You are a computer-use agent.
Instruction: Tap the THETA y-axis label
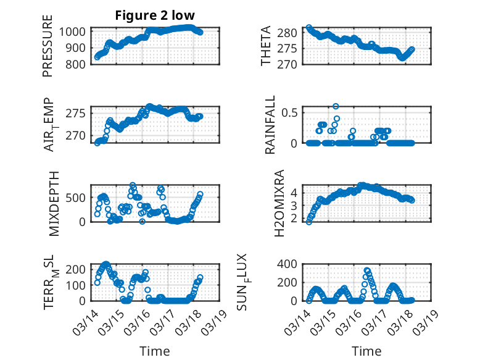(x=266, y=47)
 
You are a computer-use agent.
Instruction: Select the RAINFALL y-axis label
(x=270, y=127)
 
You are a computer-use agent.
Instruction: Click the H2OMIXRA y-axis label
(x=279, y=203)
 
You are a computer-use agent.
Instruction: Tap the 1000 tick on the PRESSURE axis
(x=75, y=31)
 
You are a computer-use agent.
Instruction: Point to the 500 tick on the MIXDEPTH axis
(x=79, y=198)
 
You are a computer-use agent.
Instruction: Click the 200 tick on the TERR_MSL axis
(x=79, y=269)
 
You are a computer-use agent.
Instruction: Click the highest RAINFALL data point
(x=336, y=106)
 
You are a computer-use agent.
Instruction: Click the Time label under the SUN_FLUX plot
(x=366, y=351)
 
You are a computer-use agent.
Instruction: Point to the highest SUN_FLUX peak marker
(x=367, y=270)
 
